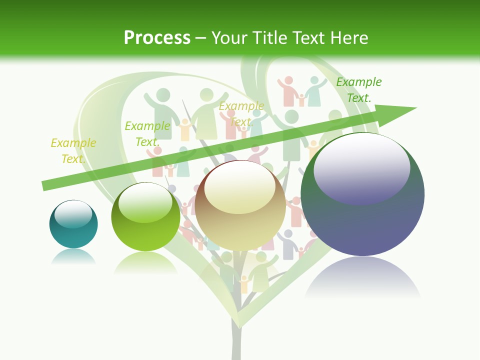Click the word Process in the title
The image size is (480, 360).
(x=157, y=37)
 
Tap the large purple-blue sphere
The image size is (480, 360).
(x=362, y=210)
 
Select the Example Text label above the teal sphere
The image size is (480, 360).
(x=73, y=151)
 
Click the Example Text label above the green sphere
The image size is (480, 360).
(x=147, y=134)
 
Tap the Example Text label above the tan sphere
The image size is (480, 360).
(x=241, y=114)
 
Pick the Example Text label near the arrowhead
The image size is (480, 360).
(x=359, y=90)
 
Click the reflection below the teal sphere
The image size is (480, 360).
(x=73, y=257)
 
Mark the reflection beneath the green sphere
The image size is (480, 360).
(x=145, y=262)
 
